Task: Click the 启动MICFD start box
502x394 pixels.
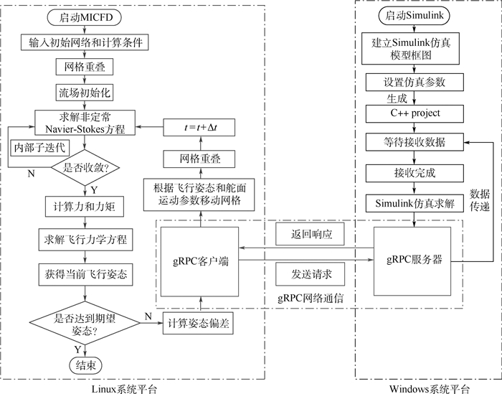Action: (x=85, y=16)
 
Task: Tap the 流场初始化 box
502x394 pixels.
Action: (x=85, y=93)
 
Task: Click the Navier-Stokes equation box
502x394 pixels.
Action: (x=85, y=123)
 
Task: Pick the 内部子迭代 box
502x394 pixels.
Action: (x=38, y=147)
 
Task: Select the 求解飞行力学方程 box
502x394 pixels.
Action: (x=85, y=239)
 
